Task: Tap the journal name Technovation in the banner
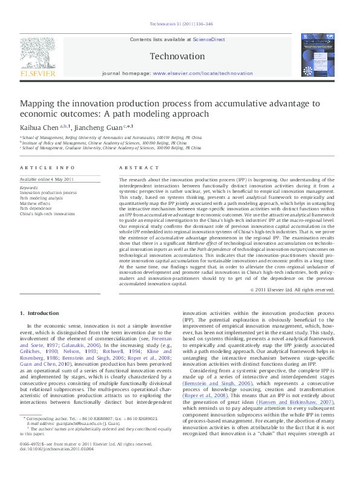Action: tap(177, 56)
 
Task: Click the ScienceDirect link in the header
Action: tap(209, 39)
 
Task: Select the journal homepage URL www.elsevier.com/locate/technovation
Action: tap(202, 73)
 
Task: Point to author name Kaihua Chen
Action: tap(38, 127)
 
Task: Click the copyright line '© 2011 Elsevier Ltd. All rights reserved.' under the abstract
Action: tap(293, 290)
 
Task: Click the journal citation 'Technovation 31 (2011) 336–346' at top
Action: tap(180, 24)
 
